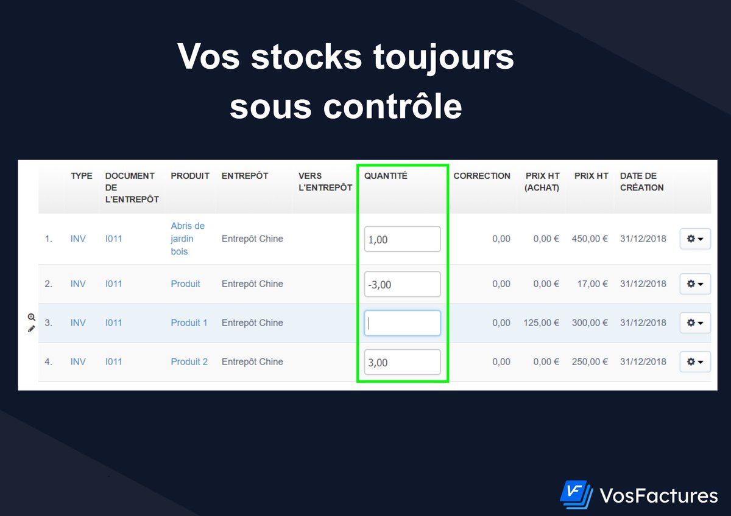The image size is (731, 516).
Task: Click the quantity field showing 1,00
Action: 402,239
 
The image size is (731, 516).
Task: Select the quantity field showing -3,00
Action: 402,284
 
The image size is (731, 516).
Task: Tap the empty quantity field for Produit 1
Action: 402,323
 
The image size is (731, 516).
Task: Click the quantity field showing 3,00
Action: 402,362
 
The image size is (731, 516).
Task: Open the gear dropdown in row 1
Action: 695,239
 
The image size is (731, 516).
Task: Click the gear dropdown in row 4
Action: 695,362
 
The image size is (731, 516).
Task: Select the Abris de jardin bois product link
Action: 188,239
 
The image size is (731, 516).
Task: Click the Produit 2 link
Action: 189,362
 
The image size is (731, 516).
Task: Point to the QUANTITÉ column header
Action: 386,176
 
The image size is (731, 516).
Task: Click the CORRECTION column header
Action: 482,176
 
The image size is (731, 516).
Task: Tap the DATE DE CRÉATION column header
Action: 641,182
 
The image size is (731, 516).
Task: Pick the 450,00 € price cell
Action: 590,239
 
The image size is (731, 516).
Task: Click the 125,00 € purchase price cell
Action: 541,323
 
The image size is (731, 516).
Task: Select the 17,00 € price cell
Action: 592,284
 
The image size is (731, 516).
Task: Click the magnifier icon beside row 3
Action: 31,317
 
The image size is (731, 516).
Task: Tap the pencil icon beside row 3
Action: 31,329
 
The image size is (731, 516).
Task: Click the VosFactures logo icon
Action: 576,495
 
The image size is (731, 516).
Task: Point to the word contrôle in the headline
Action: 392,106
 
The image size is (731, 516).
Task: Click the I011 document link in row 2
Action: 113,284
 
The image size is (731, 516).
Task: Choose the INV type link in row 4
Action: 78,362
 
